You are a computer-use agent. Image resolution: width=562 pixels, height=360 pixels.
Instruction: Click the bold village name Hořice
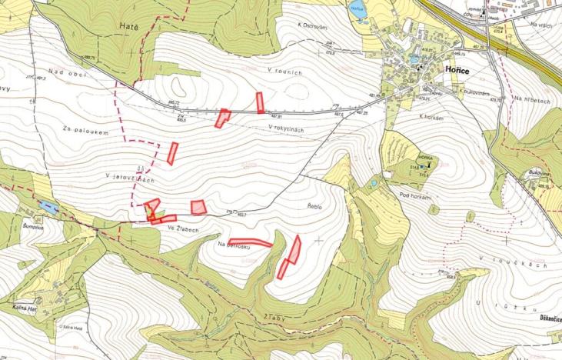[x=458, y=69]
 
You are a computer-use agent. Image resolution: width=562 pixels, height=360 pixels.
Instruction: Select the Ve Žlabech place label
[x=179, y=228]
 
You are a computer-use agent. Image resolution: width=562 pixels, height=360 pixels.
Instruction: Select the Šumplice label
[x=36, y=226]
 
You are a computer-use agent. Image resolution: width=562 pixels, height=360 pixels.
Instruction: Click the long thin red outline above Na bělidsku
[x=251, y=242]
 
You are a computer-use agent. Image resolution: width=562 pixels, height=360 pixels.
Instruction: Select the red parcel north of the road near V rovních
[x=260, y=102]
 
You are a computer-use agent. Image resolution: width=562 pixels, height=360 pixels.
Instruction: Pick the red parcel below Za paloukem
[x=172, y=153]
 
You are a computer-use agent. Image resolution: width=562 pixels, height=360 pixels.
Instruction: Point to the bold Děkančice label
[x=547, y=318]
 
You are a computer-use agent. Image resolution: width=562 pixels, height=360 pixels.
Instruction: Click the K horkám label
[x=434, y=117]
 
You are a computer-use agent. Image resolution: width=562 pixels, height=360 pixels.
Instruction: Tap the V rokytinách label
[x=287, y=128]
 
